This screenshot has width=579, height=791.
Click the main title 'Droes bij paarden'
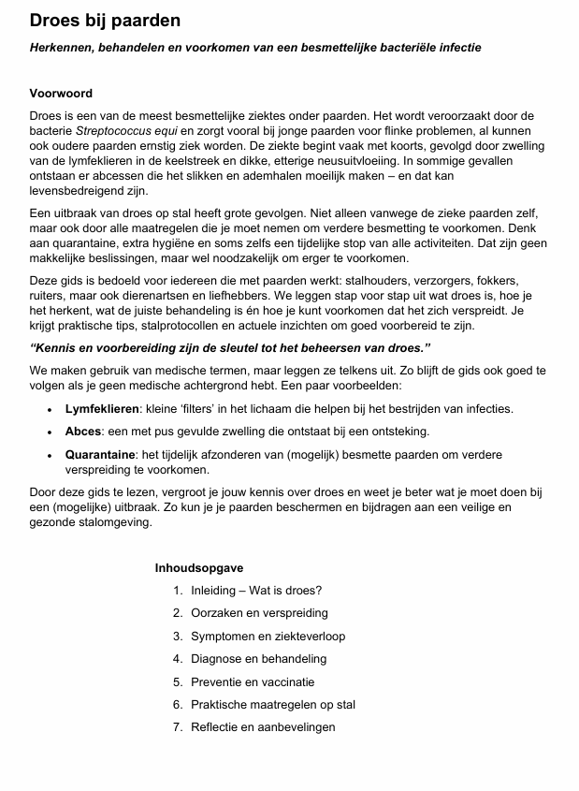coord(105,20)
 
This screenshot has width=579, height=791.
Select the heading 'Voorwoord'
coord(61,94)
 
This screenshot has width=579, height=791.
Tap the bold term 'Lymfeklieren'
coord(101,409)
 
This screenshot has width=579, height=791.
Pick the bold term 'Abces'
coord(82,432)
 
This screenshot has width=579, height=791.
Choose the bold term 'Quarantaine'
coord(100,454)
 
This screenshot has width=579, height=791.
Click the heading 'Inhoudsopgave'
coord(199,567)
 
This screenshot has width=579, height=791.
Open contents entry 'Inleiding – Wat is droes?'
coord(256,591)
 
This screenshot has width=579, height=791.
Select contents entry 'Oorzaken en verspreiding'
coord(259,613)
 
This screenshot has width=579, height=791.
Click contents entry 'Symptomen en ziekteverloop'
coord(268,636)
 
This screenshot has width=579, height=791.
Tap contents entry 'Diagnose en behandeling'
coord(258,659)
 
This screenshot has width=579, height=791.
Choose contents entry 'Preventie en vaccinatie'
coord(253,681)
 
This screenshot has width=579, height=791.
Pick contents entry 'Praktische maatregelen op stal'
coord(273,704)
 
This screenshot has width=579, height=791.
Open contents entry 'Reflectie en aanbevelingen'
coord(263,726)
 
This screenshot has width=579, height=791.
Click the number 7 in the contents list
coord(177,726)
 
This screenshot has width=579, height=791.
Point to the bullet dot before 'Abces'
coord(50,432)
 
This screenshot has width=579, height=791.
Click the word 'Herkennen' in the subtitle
coord(63,47)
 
